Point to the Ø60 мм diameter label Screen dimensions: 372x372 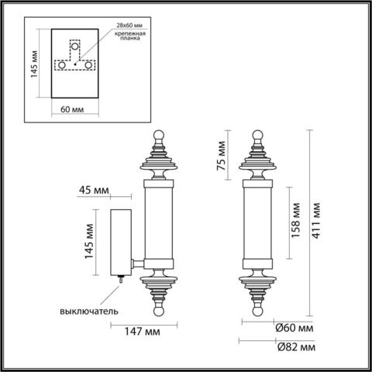294,328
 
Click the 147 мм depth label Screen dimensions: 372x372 142,332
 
